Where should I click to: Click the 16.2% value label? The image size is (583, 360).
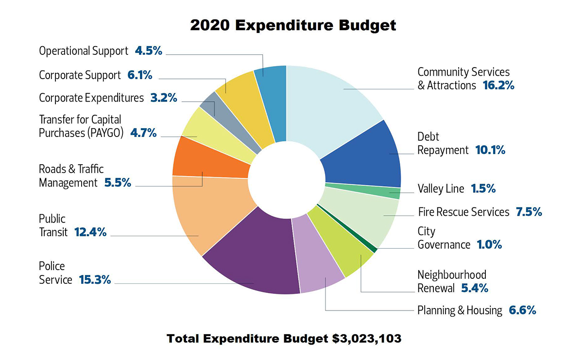click(x=498, y=86)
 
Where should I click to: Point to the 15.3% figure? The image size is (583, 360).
click(x=95, y=280)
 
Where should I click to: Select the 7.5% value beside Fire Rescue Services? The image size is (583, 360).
click(x=529, y=212)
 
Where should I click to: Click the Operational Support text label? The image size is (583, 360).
click(x=84, y=51)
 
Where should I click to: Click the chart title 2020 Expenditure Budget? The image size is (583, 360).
click(x=292, y=25)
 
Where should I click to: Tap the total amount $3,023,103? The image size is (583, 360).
click(x=367, y=339)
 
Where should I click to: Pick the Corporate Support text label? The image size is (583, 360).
click(x=80, y=75)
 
